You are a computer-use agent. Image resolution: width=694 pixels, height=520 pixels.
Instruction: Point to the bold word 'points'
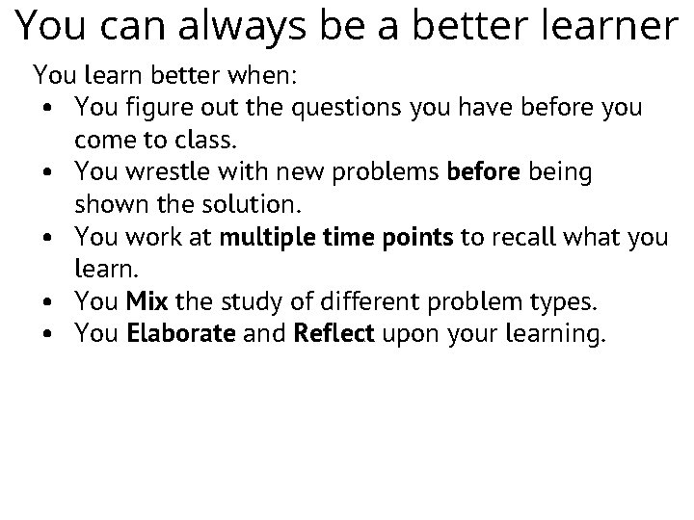tap(417, 237)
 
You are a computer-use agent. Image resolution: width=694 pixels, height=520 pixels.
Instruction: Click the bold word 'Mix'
tap(147, 302)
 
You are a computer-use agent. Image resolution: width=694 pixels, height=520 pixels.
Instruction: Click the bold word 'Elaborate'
tap(181, 335)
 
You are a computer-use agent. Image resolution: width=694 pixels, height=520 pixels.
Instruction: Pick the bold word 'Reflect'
tap(334, 335)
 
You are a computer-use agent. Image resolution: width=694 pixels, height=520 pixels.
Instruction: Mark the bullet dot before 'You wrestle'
tap(47, 173)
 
